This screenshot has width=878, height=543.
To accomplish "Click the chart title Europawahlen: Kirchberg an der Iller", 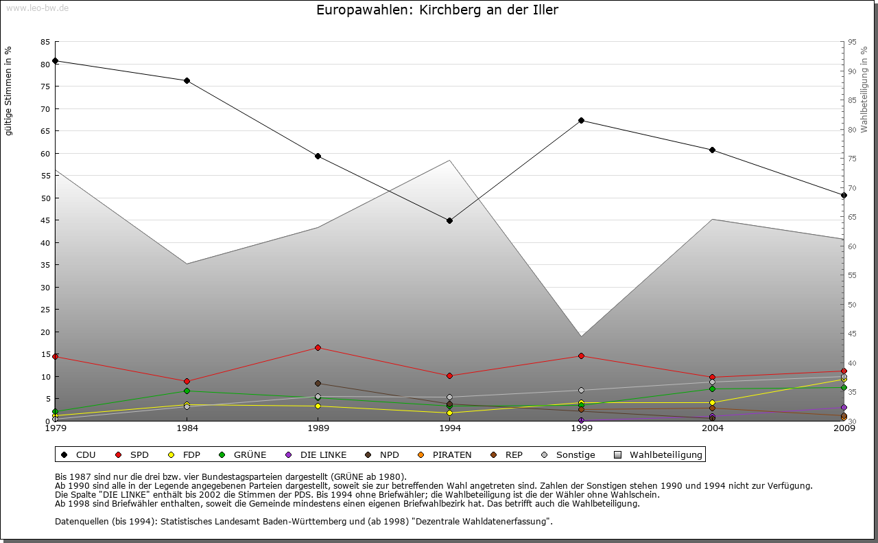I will coord(438,10).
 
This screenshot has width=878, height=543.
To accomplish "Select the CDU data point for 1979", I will coord(55,61).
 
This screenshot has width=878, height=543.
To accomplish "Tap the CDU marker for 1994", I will coord(449,221).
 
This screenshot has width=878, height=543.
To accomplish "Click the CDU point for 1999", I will coord(581,121).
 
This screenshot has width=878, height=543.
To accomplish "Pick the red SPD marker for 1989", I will coord(318,347).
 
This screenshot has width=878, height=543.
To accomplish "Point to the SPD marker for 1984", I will coord(187,382).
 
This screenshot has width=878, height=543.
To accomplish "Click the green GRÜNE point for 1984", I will coord(187,391).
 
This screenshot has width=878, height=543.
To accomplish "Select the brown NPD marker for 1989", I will coord(318,384).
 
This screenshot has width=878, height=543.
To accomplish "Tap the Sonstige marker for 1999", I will coord(581,391).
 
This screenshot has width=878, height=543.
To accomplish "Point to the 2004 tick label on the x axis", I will coord(713,428).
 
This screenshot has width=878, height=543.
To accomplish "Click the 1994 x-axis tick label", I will coord(449,428).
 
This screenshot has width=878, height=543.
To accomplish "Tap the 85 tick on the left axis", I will coord(45,42).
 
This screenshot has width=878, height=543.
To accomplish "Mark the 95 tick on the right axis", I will coord(852,42).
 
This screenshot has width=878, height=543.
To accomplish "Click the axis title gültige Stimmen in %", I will coord(9,91).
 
